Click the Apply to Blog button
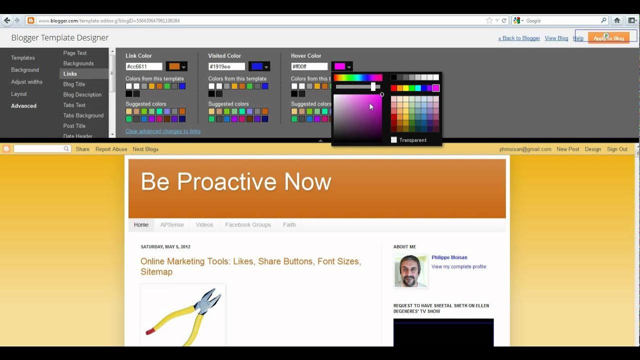[x=608, y=38]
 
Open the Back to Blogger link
[x=519, y=38]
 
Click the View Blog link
[x=556, y=38]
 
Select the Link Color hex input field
[x=144, y=66]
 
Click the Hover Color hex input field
[x=309, y=66]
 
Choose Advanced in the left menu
[x=24, y=106]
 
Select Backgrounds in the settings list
[x=78, y=63]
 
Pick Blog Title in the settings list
[x=74, y=84]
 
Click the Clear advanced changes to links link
[x=163, y=131]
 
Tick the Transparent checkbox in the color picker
[x=394, y=140]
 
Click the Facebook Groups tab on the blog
[x=248, y=225]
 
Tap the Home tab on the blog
[x=141, y=225]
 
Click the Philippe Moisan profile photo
[x=410, y=270]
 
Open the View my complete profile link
[x=458, y=267]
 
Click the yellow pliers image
[x=183, y=315]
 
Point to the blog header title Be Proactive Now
[x=236, y=182]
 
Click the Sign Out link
[x=617, y=149]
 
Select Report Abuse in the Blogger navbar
[x=111, y=149]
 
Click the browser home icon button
[x=617, y=20]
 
